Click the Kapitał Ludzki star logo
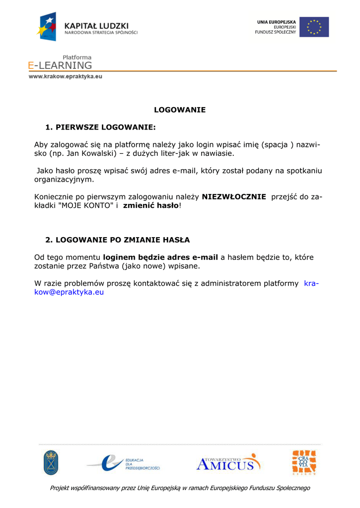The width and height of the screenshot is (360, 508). pos(47,26)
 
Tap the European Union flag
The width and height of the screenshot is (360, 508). pos(314,27)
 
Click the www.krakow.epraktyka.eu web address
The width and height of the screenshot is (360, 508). pos(65,77)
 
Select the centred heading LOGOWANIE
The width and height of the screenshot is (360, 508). pos(180,110)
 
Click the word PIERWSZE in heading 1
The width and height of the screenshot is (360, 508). pos(77,127)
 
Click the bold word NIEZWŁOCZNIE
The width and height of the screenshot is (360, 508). pos(234,196)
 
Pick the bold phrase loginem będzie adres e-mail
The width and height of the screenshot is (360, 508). pos(160,257)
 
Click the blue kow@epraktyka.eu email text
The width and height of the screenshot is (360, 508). pos(69,292)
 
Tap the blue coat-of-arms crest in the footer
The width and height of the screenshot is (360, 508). pos(51,462)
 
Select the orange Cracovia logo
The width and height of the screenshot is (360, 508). pos(304,462)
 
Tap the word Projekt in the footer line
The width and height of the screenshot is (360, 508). pos(61,488)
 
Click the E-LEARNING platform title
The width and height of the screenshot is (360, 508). pos(60,65)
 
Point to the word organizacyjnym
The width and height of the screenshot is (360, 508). pos(64,180)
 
